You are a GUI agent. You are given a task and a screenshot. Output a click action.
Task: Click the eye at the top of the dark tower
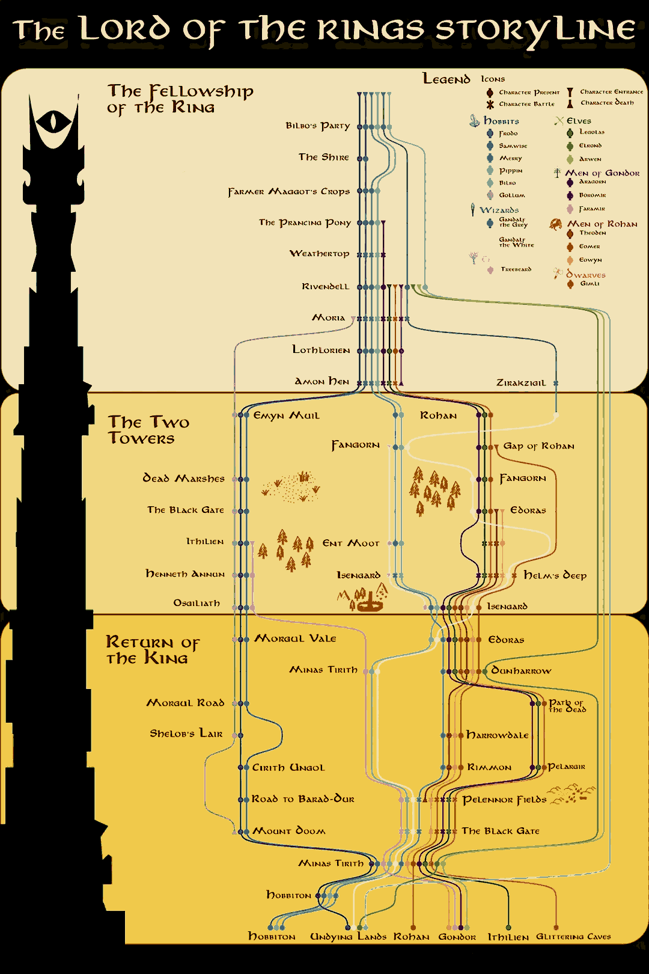point(53,123)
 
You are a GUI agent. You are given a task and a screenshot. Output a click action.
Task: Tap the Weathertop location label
point(319,254)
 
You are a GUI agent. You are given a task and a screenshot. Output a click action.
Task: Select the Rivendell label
point(325,287)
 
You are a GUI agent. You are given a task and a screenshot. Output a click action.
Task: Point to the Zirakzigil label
point(521,383)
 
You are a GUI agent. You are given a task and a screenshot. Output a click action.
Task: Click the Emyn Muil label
point(287,415)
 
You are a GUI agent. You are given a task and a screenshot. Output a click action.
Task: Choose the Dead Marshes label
point(183,479)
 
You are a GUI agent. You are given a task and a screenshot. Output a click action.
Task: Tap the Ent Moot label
point(351,544)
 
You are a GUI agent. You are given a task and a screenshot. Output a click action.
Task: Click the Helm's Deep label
point(555,575)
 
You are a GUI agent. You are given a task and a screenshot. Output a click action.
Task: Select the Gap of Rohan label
point(538,446)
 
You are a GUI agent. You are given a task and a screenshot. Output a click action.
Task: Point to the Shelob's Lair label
point(186,734)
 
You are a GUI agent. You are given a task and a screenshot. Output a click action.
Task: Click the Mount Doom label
point(289,831)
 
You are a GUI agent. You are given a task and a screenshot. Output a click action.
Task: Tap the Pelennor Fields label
point(504,800)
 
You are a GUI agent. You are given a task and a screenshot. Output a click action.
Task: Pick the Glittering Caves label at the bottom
point(573,937)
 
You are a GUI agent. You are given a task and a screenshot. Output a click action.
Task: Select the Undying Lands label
point(348,937)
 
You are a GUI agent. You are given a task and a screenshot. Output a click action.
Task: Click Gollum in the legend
point(511,195)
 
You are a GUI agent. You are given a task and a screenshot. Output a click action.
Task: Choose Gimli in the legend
point(589,284)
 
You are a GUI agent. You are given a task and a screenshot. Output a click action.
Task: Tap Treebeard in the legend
point(516,269)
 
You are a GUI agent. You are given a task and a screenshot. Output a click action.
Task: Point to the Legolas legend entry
point(591,132)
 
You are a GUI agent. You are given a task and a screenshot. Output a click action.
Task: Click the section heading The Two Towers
point(148,430)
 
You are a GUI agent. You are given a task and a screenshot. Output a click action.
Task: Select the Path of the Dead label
point(567,706)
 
